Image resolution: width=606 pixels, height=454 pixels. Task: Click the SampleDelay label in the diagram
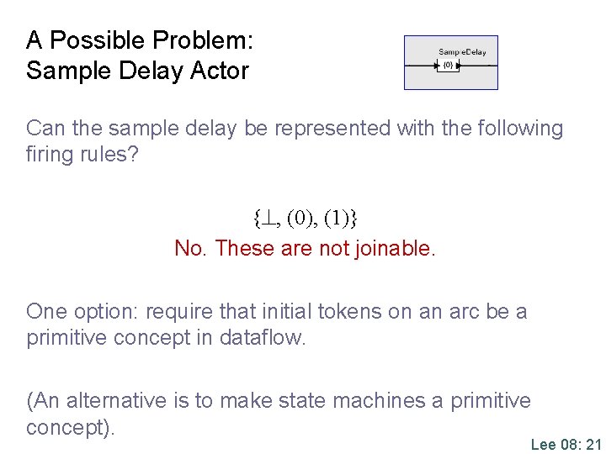[x=462, y=52]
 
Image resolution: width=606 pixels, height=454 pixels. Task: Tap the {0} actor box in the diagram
[x=448, y=65]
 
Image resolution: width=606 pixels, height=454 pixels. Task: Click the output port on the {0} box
[x=459, y=65]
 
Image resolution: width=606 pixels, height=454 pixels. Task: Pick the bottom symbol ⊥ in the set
[x=268, y=219]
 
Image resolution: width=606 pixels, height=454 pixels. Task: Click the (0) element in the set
[x=302, y=219]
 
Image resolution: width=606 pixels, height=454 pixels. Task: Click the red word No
[x=191, y=249]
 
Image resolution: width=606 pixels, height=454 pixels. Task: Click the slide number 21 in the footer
[x=593, y=444]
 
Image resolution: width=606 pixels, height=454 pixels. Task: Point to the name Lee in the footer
[x=544, y=444]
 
